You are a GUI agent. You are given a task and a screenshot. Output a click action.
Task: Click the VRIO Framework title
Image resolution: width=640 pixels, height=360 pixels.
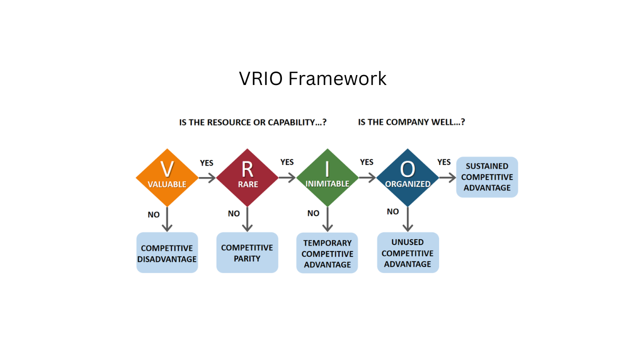pos(312,78)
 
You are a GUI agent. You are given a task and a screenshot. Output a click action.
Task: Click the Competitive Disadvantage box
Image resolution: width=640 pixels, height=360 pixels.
pos(167,253)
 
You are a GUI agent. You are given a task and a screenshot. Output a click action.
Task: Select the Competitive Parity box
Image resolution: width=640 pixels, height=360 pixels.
pos(247,253)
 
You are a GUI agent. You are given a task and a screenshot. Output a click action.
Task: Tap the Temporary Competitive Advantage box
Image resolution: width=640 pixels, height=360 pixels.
pos(327,253)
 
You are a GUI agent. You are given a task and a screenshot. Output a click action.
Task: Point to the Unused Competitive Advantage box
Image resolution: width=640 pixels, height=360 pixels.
pos(407,253)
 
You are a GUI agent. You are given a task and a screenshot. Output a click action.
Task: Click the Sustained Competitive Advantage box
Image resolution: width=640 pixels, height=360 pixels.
pos(487,177)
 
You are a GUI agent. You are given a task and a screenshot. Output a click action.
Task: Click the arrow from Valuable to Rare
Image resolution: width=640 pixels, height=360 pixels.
pos(207,177)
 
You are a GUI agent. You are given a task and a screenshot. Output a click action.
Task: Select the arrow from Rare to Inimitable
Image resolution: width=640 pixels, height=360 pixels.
pos(287,177)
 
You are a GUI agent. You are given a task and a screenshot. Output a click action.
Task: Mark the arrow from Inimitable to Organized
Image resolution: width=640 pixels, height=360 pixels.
pos(367,177)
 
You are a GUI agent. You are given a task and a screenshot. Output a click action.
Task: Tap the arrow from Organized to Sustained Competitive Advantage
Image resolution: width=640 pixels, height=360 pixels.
pos(447,177)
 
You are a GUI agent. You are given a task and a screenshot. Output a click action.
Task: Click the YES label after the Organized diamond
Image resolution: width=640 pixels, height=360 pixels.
pos(444,162)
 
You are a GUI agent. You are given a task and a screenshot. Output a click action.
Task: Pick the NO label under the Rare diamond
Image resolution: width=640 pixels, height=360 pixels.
pos(233,213)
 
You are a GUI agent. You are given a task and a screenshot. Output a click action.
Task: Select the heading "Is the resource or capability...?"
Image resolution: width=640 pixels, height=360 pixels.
pos(252,122)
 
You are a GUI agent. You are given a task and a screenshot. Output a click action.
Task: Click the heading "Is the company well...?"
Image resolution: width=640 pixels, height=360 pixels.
pos(411,122)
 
